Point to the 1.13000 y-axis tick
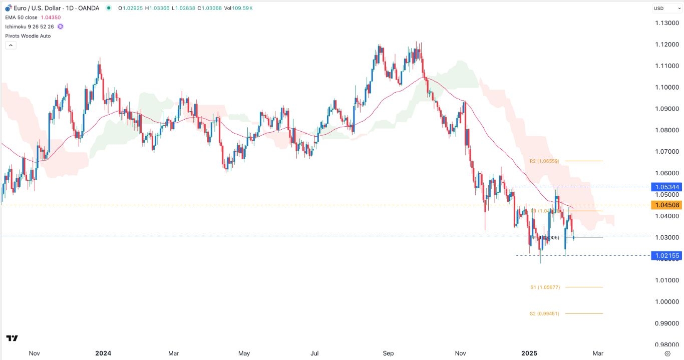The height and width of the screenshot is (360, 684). (x=666, y=23)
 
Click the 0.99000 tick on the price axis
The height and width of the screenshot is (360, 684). (x=666, y=323)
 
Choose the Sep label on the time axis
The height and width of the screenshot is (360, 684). (x=388, y=353)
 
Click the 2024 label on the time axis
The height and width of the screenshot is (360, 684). (x=103, y=353)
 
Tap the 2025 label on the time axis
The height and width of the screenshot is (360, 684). (x=529, y=353)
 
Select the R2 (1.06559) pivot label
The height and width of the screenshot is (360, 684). (x=544, y=161)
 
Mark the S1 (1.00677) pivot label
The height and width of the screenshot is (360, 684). (x=545, y=287)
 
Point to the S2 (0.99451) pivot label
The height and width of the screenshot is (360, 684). (x=544, y=314)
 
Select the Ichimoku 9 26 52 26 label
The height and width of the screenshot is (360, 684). (x=30, y=27)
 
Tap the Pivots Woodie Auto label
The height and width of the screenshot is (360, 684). (x=28, y=36)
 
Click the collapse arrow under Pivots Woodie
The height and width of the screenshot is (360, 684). (x=11, y=45)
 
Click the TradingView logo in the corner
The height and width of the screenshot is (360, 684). (x=13, y=338)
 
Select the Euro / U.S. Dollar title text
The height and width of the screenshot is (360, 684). (x=41, y=9)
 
